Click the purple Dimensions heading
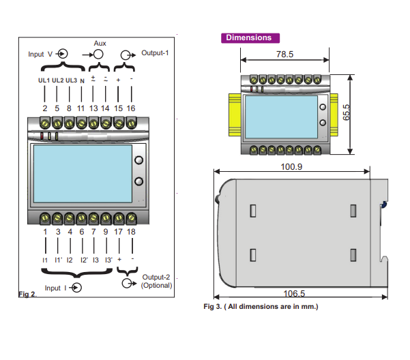pos(249,38)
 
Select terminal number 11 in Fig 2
pos(81,108)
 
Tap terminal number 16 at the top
pos(131,108)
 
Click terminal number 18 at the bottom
pos(131,232)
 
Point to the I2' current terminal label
pos(83,260)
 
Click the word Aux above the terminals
pos(100,42)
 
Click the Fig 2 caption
pos(27,295)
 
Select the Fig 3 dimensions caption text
pos(261,307)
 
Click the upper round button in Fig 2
pos(138,161)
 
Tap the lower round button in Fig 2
pos(138,181)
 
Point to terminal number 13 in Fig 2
pos(93,108)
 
